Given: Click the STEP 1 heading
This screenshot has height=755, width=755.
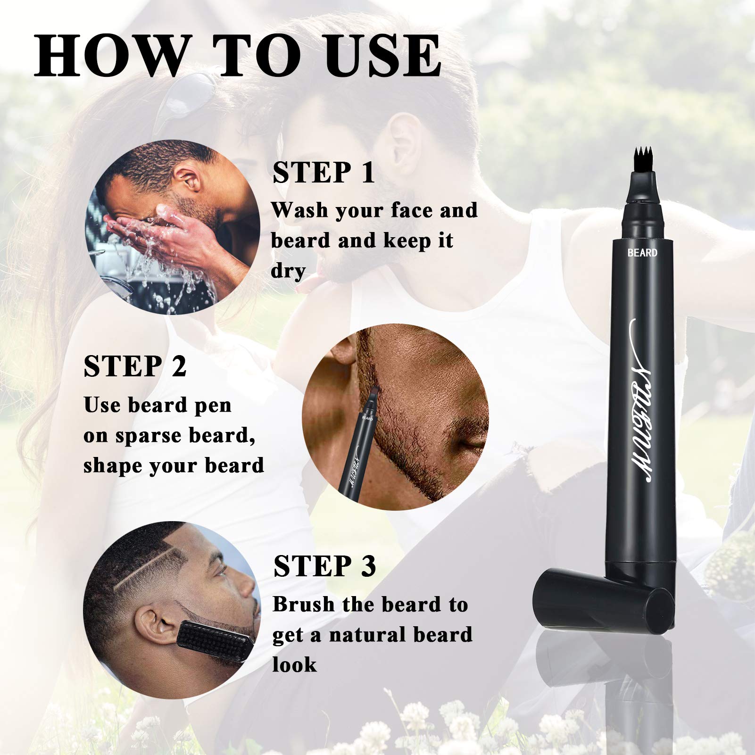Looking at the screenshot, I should point(324,173).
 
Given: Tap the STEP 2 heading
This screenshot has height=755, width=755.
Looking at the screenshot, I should point(135,367).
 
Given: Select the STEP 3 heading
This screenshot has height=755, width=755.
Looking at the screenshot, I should point(324,566).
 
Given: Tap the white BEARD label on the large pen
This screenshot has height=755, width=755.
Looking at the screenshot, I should point(642,253).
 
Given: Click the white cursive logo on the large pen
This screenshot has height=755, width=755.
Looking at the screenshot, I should point(642,401).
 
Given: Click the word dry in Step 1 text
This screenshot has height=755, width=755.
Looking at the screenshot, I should point(288,271).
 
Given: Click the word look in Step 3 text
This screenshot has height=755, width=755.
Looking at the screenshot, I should point(294,665).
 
